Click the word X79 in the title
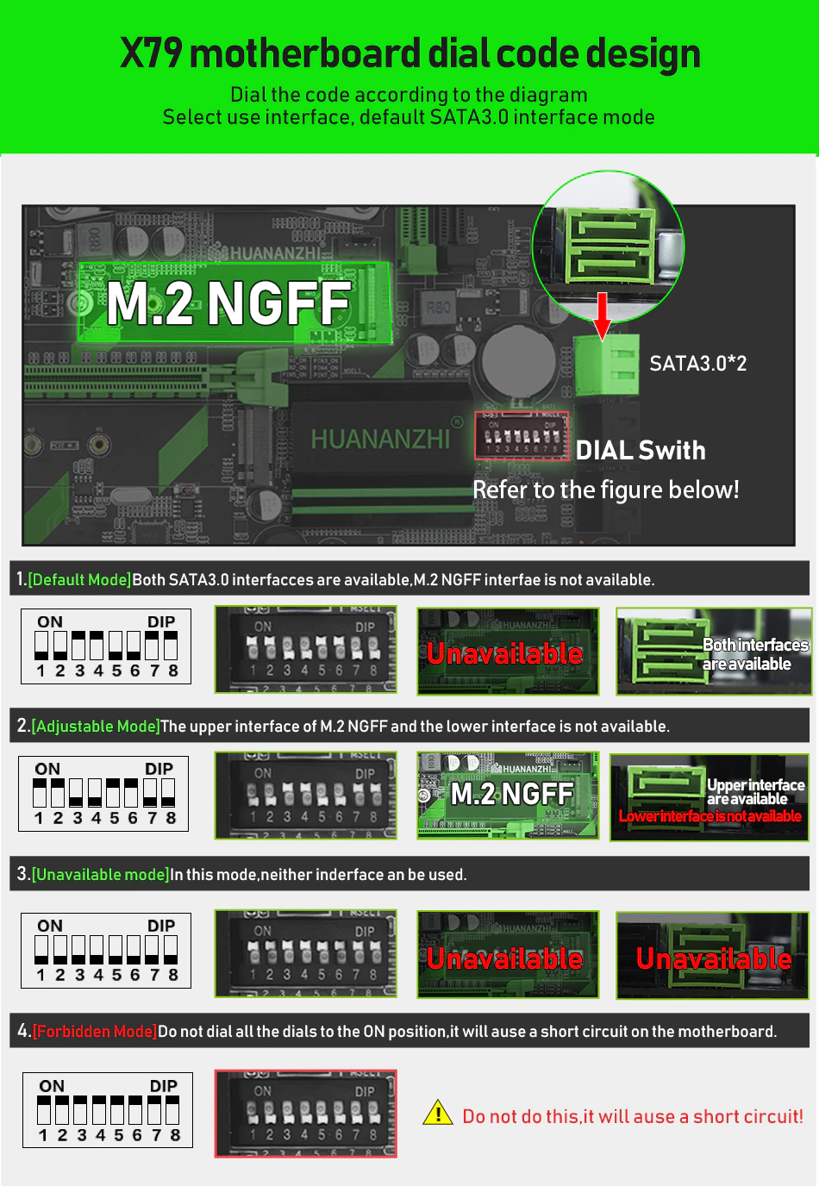(151, 53)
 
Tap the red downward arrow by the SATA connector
(603, 315)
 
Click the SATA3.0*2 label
(697, 364)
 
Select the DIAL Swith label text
(641, 450)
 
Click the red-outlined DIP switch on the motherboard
(522, 436)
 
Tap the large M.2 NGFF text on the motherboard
(229, 303)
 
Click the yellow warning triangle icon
(438, 1114)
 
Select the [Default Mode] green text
(79, 580)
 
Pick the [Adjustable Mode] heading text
(96, 727)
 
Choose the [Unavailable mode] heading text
(100, 875)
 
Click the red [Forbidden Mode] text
(95, 1032)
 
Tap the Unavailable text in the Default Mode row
(505, 653)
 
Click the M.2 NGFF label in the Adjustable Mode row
(512, 794)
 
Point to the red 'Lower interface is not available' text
(710, 816)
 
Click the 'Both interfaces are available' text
(754, 654)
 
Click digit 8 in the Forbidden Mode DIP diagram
(175, 1135)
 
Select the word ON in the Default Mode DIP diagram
(50, 621)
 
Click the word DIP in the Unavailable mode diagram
(161, 926)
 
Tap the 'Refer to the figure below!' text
(605, 490)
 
